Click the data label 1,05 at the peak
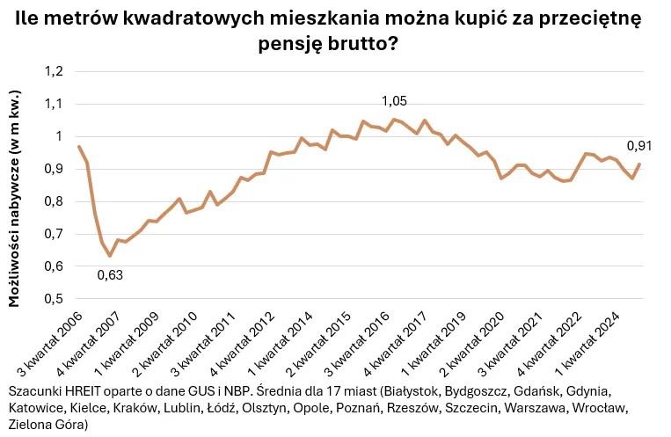(x=393, y=102)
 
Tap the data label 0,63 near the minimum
(x=110, y=274)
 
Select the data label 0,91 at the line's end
(x=639, y=146)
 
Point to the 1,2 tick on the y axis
(x=55, y=71)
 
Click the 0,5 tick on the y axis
(x=55, y=299)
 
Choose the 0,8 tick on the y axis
(x=55, y=201)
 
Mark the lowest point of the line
(x=110, y=256)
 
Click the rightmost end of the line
(x=639, y=164)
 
